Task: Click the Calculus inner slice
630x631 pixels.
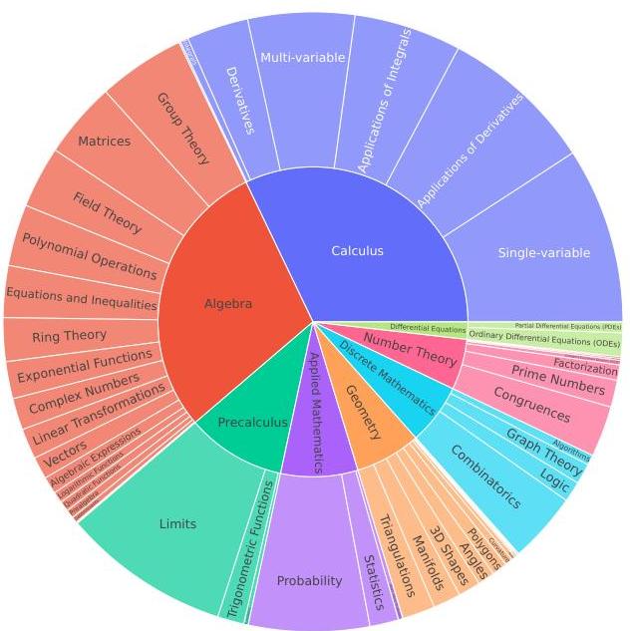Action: pos(357,251)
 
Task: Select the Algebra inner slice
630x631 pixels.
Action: pos(228,304)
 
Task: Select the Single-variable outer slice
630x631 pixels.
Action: pos(543,253)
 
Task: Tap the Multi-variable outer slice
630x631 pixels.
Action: pos(302,58)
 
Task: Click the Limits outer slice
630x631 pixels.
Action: pos(177,523)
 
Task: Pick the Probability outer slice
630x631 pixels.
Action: pos(309,580)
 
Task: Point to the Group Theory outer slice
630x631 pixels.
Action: pos(183,127)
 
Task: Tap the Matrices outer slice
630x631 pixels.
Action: pos(104,142)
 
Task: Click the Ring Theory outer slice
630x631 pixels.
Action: pos(69,337)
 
